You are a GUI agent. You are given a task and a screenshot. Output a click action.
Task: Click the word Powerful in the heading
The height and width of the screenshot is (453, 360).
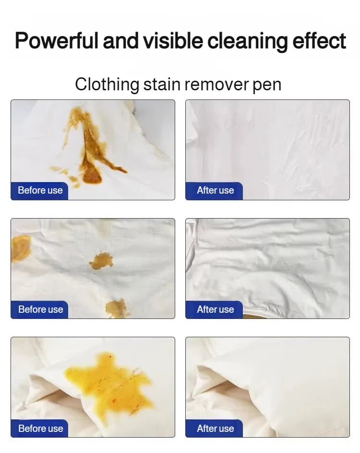(x=57, y=41)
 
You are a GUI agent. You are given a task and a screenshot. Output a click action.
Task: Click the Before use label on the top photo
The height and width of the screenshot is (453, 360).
(x=40, y=191)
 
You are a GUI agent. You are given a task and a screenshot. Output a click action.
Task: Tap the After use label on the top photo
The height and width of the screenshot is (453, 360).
(x=215, y=191)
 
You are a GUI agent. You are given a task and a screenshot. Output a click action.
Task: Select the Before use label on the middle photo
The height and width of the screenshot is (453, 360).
(x=40, y=310)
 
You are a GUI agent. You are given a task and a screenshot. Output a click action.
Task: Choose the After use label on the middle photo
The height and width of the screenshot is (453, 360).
(x=215, y=310)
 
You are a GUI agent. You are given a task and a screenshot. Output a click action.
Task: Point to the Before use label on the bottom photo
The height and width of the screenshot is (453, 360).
(x=40, y=429)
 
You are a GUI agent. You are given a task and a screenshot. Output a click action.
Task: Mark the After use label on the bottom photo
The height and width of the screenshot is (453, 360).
(x=215, y=429)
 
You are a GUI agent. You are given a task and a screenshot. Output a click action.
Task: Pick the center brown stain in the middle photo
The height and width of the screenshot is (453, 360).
(x=101, y=261)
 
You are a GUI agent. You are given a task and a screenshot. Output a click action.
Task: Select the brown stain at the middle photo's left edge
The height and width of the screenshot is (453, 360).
(x=20, y=248)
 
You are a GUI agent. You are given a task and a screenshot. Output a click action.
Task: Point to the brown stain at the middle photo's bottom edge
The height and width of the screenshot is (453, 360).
(x=117, y=308)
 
